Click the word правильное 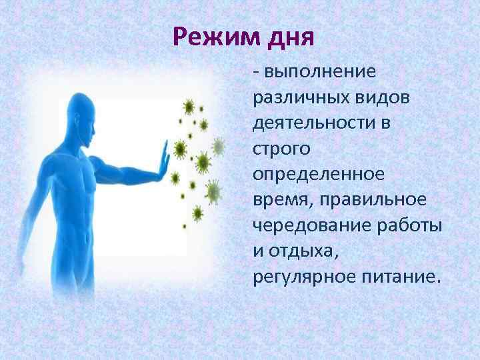pos(375,201)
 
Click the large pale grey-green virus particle pos(213,193)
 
